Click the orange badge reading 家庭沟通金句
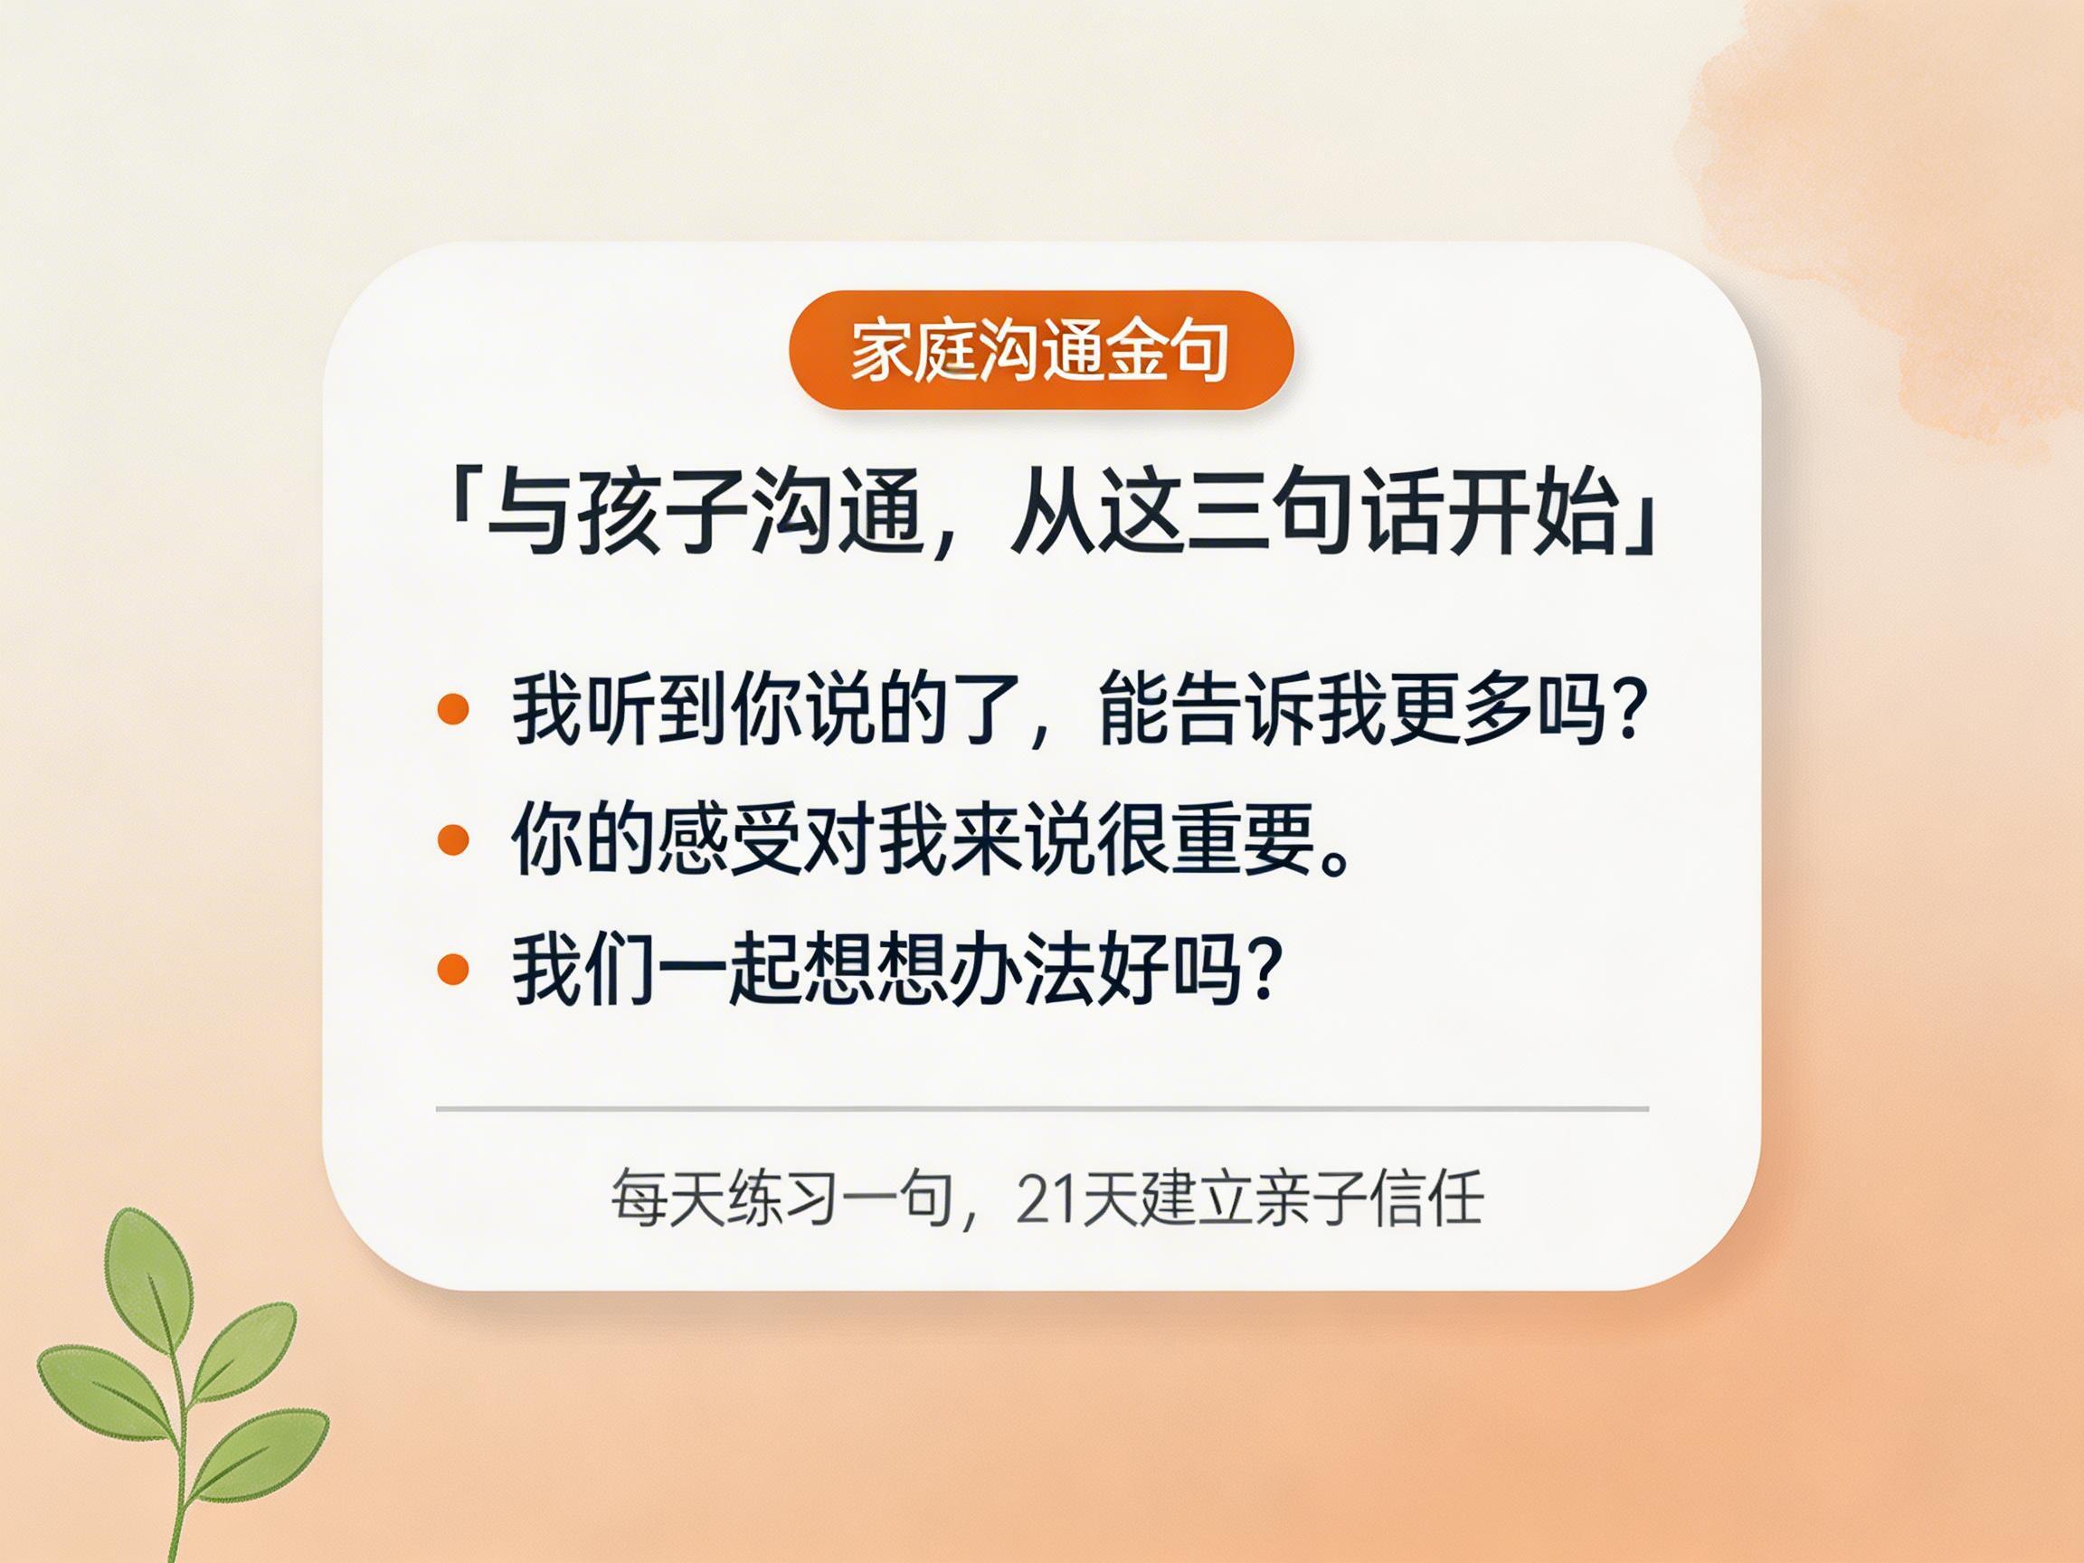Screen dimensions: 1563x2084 click(x=1040, y=350)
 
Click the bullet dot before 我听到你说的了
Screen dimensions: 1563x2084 click(x=453, y=709)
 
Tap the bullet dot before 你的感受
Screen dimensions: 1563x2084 click(x=453, y=839)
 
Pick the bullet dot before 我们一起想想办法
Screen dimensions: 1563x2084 click(x=453, y=969)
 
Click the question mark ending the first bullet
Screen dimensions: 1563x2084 click(x=1628, y=709)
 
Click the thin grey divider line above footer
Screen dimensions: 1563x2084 click(x=1042, y=1109)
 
